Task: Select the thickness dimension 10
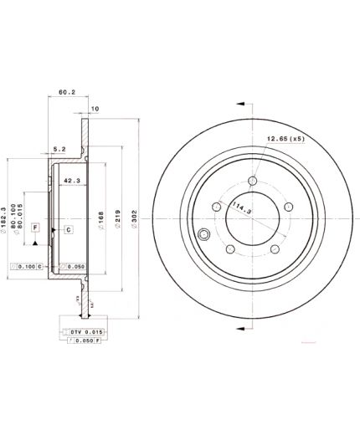pyautogui.click(x=95, y=109)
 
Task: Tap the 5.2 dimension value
pyautogui.click(x=59, y=150)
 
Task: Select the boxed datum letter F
pyautogui.click(x=35, y=228)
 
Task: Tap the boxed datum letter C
pyautogui.click(x=69, y=229)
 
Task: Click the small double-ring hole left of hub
pyautogui.click(x=203, y=235)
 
